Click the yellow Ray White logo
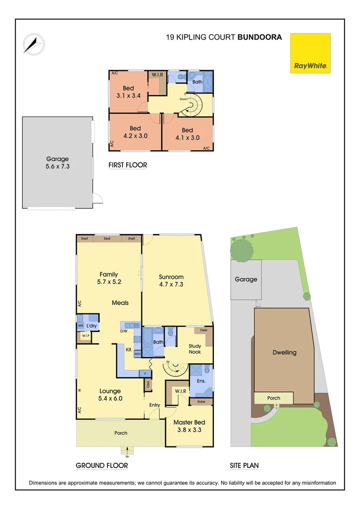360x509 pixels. click(x=311, y=53)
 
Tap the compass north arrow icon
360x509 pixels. click(x=33, y=44)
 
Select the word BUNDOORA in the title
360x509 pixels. click(x=260, y=37)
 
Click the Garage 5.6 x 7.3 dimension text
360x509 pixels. click(x=57, y=163)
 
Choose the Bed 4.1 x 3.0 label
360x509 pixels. click(x=187, y=134)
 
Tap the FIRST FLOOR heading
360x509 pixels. click(x=128, y=165)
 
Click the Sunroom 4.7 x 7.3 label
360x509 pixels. click(x=171, y=280)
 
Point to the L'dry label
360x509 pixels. click(x=91, y=326)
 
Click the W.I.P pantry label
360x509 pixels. click(x=86, y=336)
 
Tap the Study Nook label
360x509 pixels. click(x=195, y=349)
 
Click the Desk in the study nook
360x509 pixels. click(x=203, y=330)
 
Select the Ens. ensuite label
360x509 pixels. click(x=201, y=380)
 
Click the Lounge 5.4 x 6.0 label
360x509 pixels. click(x=110, y=394)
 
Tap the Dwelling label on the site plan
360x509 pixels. click(x=285, y=353)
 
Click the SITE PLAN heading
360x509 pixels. click(x=244, y=466)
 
